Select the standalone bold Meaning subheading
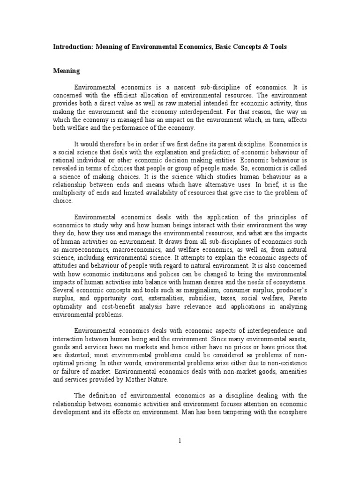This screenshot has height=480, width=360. pos(66,71)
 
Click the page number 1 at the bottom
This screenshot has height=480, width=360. pos(180,441)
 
